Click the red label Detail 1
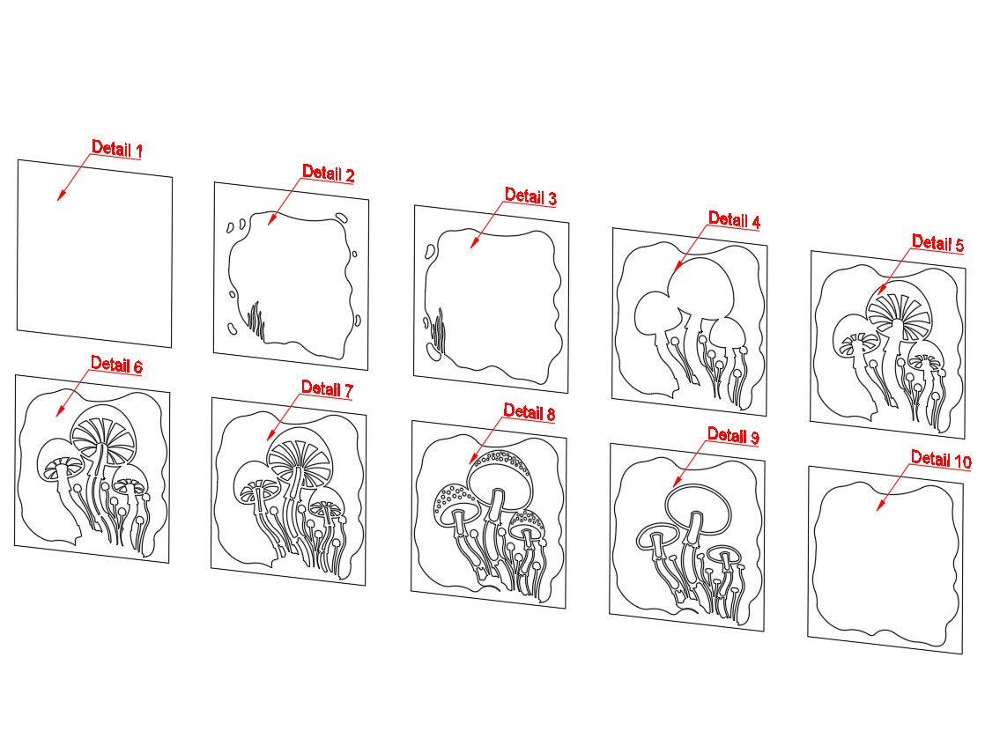point(117,149)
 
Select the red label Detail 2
point(328,173)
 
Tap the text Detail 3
point(530,196)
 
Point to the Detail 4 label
point(735,220)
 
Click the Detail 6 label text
point(116,365)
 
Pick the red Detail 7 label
point(327,388)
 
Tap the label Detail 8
point(530,412)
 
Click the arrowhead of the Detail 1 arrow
point(58,200)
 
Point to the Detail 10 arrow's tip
point(878,509)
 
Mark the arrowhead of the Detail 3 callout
point(471,247)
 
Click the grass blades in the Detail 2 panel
point(256,321)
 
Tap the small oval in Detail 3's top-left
point(430,252)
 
